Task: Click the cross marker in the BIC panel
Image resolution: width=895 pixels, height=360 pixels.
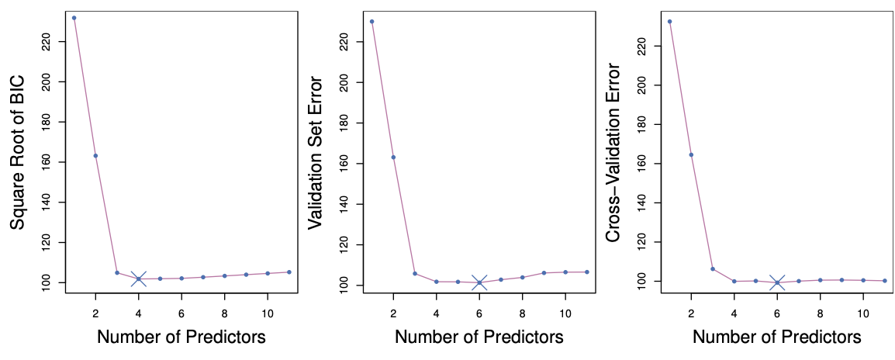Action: point(139,279)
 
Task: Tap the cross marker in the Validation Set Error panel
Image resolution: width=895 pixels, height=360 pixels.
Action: point(479,282)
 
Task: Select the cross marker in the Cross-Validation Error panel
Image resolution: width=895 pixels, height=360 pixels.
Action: point(777,282)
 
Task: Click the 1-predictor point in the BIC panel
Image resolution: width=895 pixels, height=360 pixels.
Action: point(74,18)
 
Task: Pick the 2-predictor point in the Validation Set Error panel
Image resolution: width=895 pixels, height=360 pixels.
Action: point(393,157)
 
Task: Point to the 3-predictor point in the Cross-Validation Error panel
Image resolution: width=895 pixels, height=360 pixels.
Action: point(713,269)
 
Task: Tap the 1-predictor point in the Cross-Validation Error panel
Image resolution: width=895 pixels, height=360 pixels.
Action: point(669,21)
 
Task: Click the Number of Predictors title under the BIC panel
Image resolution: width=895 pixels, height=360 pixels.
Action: point(181,337)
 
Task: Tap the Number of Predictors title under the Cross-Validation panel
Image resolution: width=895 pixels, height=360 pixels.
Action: point(776,337)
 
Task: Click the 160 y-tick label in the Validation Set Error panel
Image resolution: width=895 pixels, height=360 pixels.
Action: point(346,164)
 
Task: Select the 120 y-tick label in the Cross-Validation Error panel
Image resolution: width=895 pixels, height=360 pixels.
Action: point(643,242)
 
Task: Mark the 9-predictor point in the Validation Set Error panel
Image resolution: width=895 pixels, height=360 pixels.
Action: point(544,272)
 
